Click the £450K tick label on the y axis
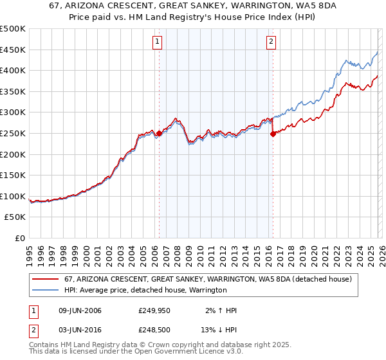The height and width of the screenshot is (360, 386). coord(13,50)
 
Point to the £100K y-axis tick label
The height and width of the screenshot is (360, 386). coord(13,196)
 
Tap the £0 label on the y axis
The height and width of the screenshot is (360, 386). coord(19,238)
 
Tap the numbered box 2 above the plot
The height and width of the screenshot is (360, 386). coord(271,42)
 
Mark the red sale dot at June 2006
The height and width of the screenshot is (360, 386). coord(159,134)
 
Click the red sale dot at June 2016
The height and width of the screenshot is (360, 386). coord(273,134)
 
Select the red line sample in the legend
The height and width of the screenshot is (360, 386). coord(46,280)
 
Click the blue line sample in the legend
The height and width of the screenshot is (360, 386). coord(46,291)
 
